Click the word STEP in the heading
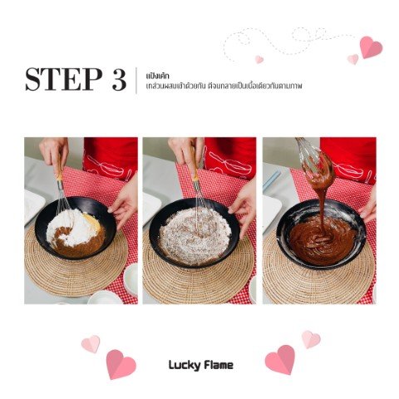63,79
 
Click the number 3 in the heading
120,80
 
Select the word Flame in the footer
219,365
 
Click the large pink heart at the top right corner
371,47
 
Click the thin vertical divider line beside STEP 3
136,81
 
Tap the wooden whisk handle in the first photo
60,169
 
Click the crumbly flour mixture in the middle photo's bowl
195,236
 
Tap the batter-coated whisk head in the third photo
318,166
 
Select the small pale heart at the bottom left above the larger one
91,344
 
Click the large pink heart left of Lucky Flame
121,364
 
